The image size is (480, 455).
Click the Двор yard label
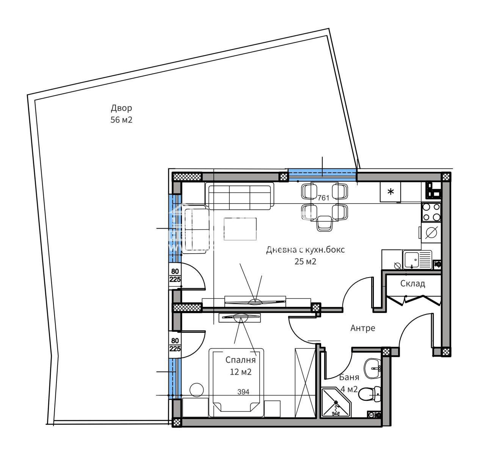[x=121, y=108]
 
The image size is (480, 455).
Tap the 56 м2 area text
[x=121, y=120]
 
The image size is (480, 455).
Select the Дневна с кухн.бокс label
[x=306, y=250]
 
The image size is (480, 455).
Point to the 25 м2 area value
[x=305, y=262]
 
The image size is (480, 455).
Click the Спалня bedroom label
[x=240, y=360]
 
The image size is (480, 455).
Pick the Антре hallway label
[x=362, y=328]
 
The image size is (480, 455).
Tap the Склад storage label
[x=413, y=284]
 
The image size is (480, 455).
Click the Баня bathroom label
[x=349, y=377]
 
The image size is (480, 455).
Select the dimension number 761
[x=323, y=198]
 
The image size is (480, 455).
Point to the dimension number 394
[x=243, y=392]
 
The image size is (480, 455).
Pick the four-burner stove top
[x=431, y=212]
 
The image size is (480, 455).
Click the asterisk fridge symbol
[x=391, y=192]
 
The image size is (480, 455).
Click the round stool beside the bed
[x=197, y=390]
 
